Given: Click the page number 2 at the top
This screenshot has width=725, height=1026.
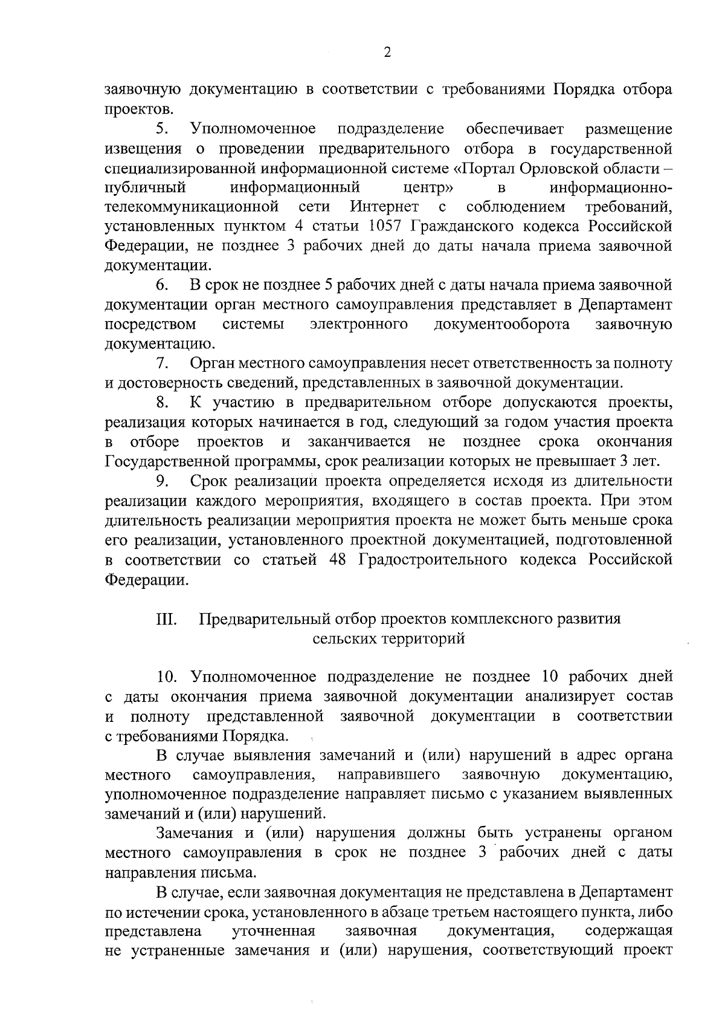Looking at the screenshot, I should pos(387,52).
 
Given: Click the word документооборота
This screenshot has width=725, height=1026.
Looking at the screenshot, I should pos(501,324).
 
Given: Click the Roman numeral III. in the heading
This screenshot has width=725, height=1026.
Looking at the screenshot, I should pos(166,619).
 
